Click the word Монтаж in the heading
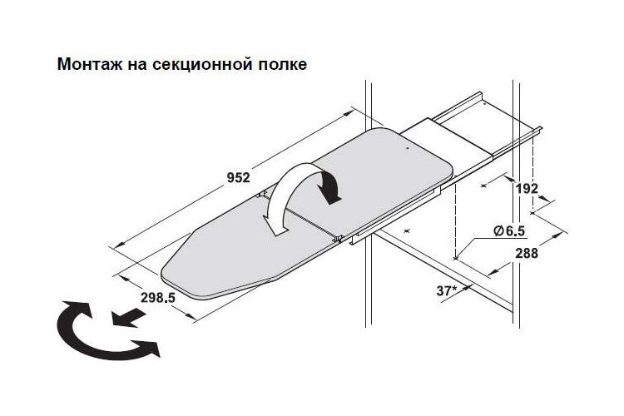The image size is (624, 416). (90, 64)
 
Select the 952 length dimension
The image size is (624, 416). (239, 177)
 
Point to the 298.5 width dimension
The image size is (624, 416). (158, 297)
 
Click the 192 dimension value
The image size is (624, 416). (527, 188)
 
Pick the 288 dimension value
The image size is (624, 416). (527, 253)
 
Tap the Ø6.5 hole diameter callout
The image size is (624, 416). (509, 230)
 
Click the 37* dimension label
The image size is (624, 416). (448, 290)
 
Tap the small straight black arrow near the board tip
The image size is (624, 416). (128, 317)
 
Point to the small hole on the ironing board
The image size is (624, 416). (408, 148)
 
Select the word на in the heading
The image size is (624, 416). (137, 65)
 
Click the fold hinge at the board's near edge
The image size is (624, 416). (338, 239)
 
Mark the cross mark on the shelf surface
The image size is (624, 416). (406, 230)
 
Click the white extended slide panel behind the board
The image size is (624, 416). (449, 137)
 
